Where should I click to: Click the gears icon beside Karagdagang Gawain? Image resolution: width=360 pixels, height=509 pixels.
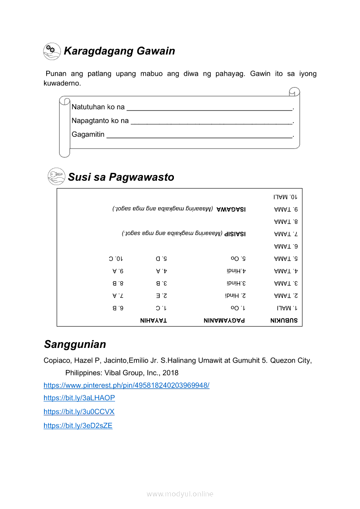click(x=52, y=51)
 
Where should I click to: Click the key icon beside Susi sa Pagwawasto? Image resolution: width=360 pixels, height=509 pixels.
click(x=56, y=177)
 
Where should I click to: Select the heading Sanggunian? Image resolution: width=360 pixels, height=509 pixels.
click(x=75, y=344)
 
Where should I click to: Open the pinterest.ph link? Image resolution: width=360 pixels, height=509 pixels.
click(x=126, y=385)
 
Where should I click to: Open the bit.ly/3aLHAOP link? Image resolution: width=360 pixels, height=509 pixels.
click(x=79, y=398)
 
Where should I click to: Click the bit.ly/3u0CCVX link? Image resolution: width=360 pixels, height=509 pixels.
click(x=79, y=412)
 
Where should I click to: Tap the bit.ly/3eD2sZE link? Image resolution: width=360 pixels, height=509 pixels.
click(x=78, y=426)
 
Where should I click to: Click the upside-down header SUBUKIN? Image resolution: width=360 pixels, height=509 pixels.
click(x=284, y=320)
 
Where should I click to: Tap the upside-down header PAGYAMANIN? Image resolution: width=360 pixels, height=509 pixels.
click(x=224, y=320)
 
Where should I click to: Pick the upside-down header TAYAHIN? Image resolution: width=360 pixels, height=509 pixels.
click(x=153, y=320)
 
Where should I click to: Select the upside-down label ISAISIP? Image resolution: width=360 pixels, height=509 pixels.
click(x=235, y=234)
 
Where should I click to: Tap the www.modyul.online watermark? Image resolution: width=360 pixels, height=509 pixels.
click(x=180, y=494)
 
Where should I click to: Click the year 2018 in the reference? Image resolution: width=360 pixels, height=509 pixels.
click(x=170, y=373)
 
